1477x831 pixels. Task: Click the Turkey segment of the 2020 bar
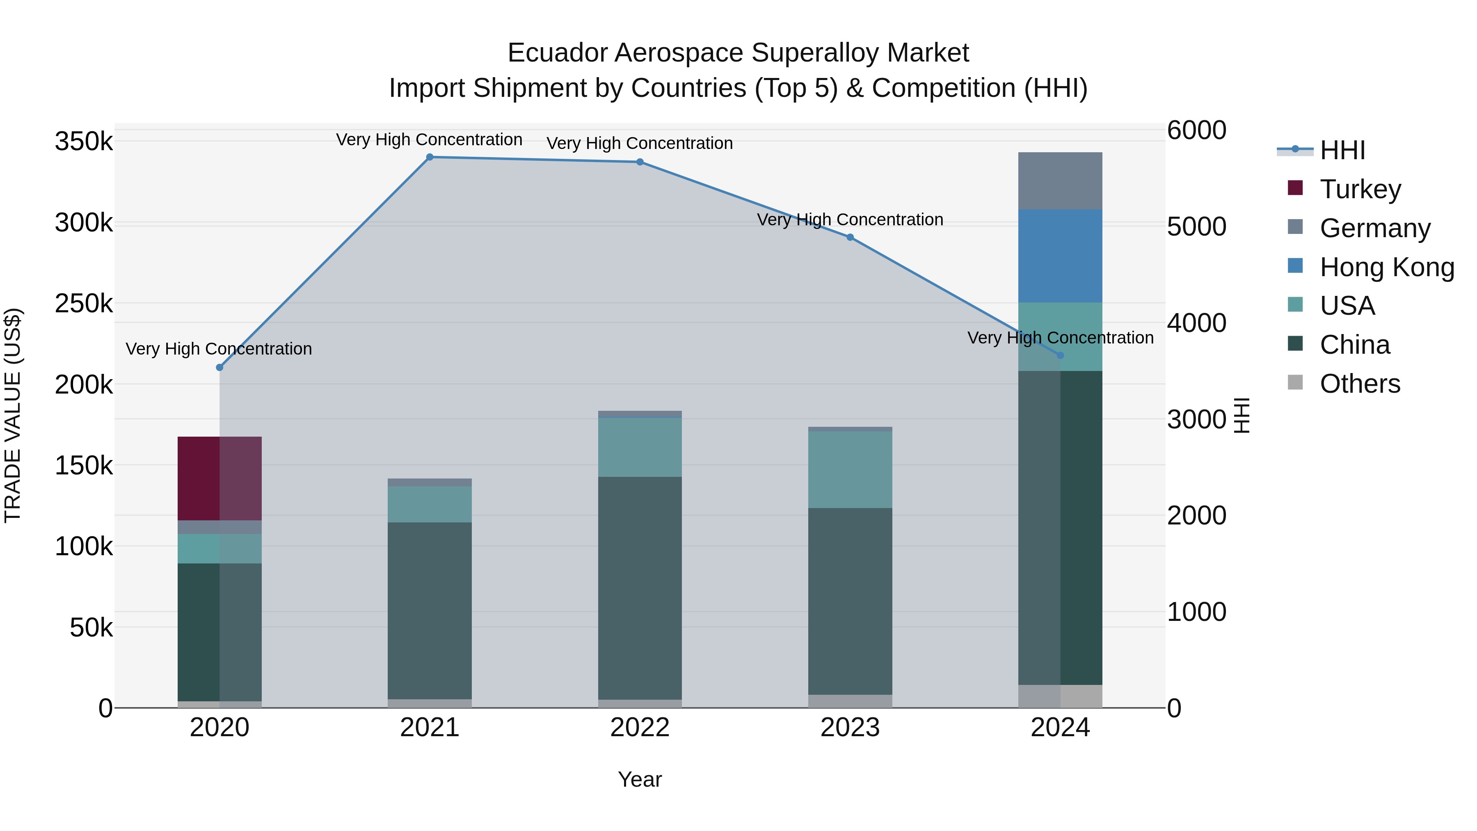click(x=219, y=478)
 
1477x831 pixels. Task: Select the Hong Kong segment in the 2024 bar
click(x=1060, y=256)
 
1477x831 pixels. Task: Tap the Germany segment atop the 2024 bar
click(x=1060, y=181)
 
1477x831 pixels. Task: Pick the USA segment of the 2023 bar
click(x=850, y=469)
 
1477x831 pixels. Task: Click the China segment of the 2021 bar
click(x=430, y=610)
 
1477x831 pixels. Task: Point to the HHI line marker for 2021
click(x=430, y=157)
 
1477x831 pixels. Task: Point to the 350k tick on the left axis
click(x=84, y=142)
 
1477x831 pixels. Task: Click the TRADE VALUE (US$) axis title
click(x=13, y=415)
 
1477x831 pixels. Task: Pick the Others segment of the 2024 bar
click(x=1060, y=696)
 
